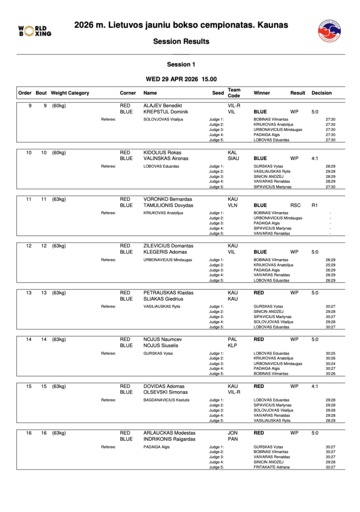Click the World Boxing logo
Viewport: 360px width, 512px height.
pos(34,31)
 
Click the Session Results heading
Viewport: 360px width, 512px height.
pos(181,41)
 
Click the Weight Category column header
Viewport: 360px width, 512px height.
pos(70,93)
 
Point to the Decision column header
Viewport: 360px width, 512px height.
pos(321,93)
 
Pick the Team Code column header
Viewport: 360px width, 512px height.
pos(234,93)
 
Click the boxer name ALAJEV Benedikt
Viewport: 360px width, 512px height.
pos(162,106)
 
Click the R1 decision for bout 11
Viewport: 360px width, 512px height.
pos(315,205)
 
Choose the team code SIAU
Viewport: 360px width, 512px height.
pos(233,158)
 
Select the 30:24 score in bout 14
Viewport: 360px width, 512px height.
pos(330,363)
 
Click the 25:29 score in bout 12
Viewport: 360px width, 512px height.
pos(330,265)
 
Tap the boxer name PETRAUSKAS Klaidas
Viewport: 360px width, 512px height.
pos(168,292)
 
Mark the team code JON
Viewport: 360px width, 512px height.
pos(232,433)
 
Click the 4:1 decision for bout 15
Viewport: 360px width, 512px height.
pos(315,386)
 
